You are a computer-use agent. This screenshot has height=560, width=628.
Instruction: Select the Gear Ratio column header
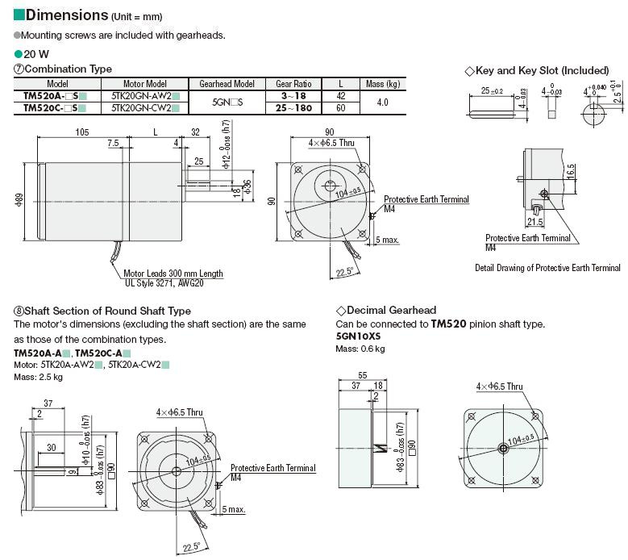click(293, 83)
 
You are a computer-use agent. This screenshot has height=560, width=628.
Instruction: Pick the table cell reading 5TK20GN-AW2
click(139, 94)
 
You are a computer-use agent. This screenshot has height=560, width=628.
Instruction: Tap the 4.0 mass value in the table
click(382, 102)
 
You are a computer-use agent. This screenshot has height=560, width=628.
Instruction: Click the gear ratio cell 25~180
click(293, 107)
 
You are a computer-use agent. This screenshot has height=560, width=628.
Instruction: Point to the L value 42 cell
click(341, 94)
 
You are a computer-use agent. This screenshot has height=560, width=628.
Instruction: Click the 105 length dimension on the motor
click(81, 132)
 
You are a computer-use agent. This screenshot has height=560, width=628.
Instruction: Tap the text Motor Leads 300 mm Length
click(173, 274)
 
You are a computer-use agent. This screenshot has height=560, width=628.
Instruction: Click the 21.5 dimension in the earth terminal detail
click(534, 220)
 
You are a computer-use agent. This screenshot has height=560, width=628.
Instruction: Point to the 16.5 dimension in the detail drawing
click(570, 172)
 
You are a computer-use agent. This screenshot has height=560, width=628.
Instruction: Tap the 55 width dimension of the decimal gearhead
click(362, 375)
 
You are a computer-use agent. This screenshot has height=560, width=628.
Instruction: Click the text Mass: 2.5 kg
click(38, 377)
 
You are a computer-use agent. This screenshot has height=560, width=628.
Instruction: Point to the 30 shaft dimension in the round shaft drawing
click(51, 448)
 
